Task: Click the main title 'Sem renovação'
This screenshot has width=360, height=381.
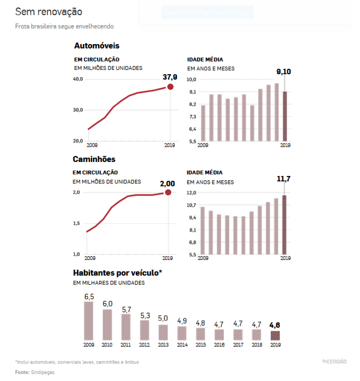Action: point(48,11)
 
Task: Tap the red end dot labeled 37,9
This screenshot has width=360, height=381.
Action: point(170,87)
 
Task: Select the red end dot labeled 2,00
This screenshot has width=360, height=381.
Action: point(168,192)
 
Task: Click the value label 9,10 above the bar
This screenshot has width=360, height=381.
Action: point(284,71)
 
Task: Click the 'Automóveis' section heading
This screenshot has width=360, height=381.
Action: point(96,46)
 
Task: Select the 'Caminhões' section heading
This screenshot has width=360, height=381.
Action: point(94,159)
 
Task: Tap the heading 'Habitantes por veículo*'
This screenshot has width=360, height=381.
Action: point(118,273)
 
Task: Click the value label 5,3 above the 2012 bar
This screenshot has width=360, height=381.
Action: point(145,316)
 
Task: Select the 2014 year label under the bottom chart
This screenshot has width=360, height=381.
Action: point(182,344)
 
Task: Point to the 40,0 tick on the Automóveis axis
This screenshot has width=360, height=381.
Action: point(78,80)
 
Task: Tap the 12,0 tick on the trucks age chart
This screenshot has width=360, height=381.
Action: point(191,193)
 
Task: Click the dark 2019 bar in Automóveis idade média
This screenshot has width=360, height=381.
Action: point(284,116)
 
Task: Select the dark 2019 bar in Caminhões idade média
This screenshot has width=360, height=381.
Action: point(284,225)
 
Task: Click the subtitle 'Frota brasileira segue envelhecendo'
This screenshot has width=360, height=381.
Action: point(65,26)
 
